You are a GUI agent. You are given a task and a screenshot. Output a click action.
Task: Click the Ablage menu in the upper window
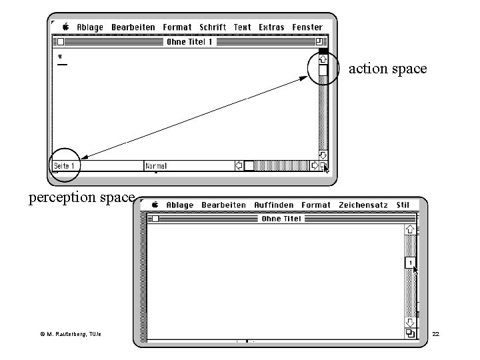[90, 27]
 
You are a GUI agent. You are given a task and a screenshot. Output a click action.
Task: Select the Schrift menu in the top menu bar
[212, 27]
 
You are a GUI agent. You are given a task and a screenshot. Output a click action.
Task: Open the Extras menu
[271, 27]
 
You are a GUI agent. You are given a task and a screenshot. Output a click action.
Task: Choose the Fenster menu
[307, 27]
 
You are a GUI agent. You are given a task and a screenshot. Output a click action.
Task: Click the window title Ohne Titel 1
[190, 41]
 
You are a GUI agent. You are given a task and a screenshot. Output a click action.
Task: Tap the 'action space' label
[387, 69]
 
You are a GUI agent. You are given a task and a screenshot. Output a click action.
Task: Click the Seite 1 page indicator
[64, 165]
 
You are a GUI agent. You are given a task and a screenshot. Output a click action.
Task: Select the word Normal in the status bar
[157, 165]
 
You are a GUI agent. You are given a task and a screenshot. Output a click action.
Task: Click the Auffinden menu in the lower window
[273, 205]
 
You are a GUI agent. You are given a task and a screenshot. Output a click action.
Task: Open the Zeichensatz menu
[363, 205]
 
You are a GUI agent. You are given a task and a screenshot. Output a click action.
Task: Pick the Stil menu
[403, 205]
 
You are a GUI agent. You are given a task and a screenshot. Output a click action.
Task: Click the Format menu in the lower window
[315, 205]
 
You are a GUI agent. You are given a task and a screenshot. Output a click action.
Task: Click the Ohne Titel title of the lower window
[281, 218]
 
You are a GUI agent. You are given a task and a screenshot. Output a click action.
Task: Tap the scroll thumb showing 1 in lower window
[411, 262]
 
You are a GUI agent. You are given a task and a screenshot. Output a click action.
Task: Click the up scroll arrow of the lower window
[411, 229]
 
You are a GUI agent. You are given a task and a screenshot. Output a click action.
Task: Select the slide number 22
[436, 332]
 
